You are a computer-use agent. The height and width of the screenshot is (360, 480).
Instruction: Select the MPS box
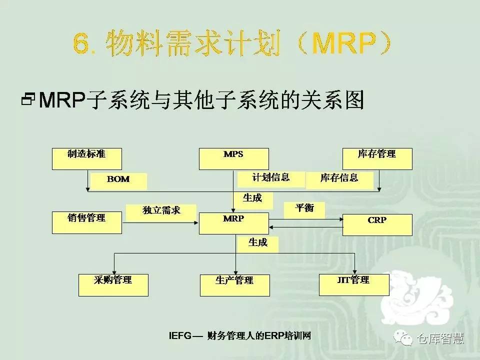point(233,158)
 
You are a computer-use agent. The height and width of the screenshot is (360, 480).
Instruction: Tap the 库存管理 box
point(377,158)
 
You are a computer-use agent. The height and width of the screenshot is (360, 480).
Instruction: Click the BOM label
point(118,180)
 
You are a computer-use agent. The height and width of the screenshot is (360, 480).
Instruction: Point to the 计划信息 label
point(270,178)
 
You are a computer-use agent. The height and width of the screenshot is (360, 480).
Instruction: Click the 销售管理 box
point(86,222)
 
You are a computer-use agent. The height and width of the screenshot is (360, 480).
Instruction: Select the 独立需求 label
point(161,211)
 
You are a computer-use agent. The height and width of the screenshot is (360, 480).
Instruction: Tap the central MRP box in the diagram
point(233,223)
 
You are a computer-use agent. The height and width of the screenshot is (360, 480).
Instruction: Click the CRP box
point(377,224)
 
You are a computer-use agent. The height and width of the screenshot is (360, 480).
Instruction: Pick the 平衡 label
point(304,209)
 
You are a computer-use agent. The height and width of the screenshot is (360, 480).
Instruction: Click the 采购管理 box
point(113,284)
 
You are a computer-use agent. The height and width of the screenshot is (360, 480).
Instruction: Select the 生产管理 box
point(234,285)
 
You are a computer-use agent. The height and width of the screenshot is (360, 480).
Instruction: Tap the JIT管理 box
point(353,284)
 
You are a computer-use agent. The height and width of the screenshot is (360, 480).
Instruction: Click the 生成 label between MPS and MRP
point(252,199)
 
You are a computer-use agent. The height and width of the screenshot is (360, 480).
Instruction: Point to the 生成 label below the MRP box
point(258,243)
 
